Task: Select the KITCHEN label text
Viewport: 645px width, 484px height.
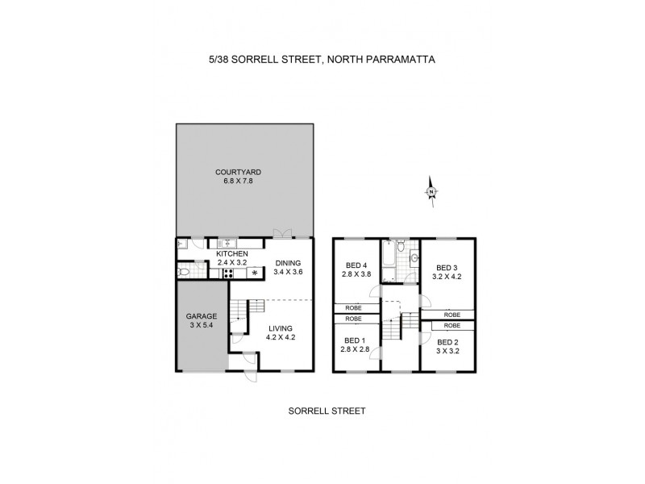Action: tap(232, 254)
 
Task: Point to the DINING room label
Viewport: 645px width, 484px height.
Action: tap(287, 263)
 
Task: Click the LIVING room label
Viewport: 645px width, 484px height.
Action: tap(281, 328)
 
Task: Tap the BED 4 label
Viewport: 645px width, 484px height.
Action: tap(356, 265)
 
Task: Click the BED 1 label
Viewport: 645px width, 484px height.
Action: tap(356, 340)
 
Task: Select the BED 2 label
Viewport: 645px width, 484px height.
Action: tap(447, 344)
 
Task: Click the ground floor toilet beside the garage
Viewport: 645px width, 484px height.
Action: tap(185, 273)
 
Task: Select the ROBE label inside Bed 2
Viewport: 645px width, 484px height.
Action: tap(451, 325)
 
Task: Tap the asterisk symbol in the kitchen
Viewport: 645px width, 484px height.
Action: tap(256, 273)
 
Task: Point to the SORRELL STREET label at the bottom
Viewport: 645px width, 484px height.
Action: tap(327, 411)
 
